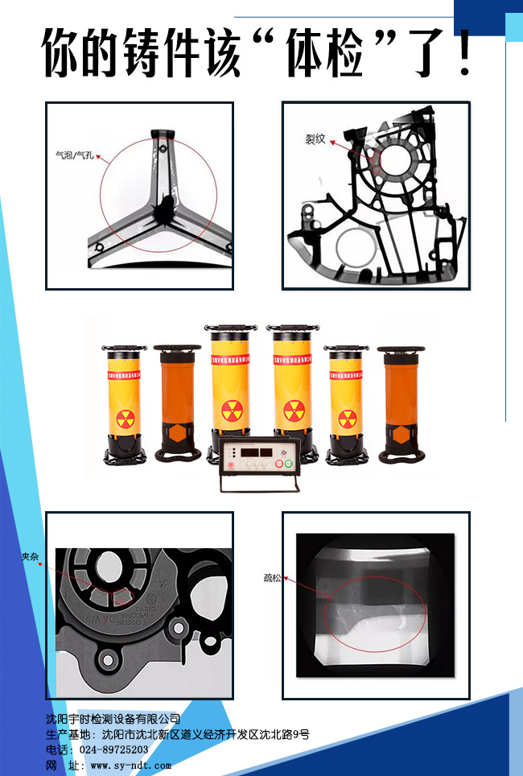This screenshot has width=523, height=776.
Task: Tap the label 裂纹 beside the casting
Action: (315, 138)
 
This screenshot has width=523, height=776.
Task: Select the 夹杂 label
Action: (30, 556)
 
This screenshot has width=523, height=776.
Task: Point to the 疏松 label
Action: (272, 578)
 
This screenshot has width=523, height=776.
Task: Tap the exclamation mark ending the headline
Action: (465, 54)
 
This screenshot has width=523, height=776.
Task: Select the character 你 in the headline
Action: (66, 54)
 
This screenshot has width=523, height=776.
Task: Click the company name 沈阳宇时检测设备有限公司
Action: (113, 718)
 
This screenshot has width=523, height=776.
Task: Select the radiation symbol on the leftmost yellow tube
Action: (125, 419)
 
